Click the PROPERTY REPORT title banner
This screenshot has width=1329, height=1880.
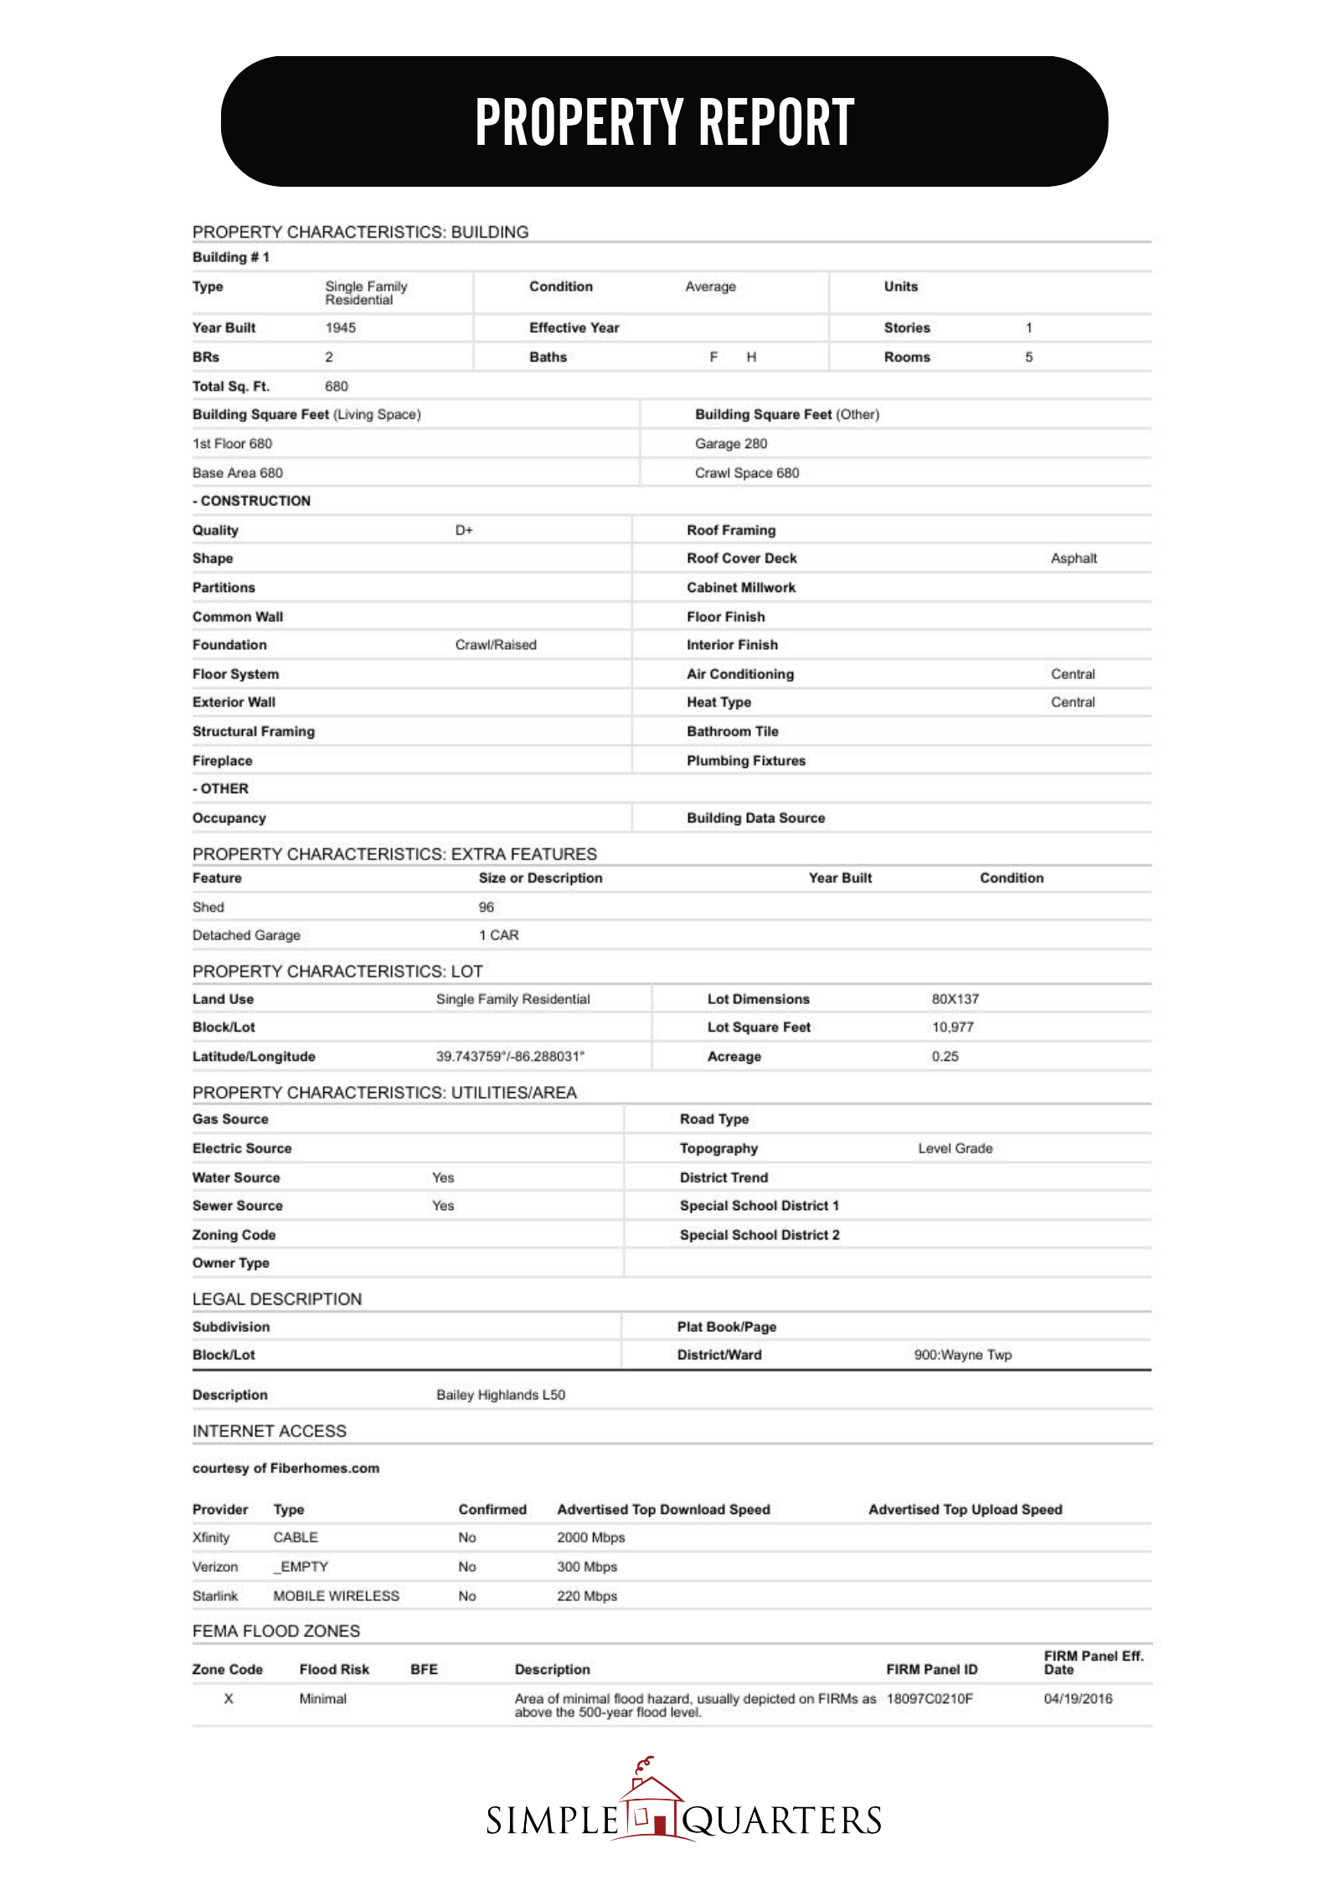(664, 121)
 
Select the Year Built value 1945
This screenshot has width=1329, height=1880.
(340, 327)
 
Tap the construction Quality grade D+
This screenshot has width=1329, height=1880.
(464, 530)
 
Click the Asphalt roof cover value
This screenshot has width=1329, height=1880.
(1073, 559)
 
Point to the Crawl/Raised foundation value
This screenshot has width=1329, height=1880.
(496, 645)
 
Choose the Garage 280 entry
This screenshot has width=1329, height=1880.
(730, 444)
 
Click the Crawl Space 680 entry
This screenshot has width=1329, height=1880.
(746, 473)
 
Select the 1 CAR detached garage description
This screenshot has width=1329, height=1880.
(498, 935)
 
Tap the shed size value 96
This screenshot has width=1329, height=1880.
(486, 907)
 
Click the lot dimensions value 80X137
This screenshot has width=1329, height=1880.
(955, 999)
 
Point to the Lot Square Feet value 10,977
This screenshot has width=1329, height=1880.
(952, 1028)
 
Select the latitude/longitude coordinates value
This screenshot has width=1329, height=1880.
(510, 1057)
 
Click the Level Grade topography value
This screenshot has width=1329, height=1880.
(955, 1148)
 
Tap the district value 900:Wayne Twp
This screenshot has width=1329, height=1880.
(962, 1355)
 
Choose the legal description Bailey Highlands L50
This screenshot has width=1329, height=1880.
(500, 1395)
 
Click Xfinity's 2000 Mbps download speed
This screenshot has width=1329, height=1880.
(590, 1537)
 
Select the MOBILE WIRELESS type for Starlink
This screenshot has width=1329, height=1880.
(336, 1596)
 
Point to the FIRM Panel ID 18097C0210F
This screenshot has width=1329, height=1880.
(929, 1699)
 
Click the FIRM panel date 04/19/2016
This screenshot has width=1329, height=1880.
(1078, 1699)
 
